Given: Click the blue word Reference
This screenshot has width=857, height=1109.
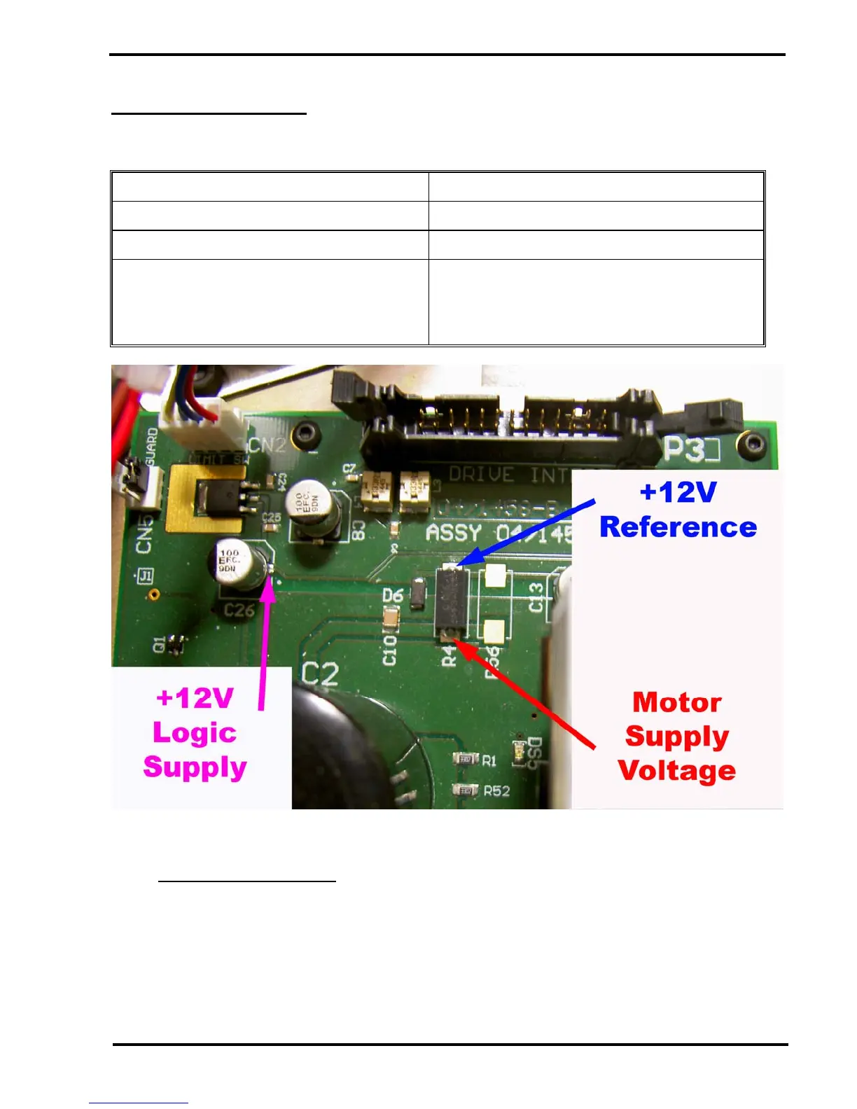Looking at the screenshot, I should pyautogui.click(x=678, y=527).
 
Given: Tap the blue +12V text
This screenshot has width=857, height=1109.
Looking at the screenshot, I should pyautogui.click(x=678, y=492).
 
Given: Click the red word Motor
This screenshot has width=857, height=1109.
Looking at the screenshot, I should pyautogui.click(x=676, y=702).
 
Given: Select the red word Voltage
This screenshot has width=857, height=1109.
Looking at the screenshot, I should pyautogui.click(x=677, y=771).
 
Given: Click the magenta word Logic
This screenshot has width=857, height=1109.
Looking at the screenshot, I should pyautogui.click(x=195, y=733).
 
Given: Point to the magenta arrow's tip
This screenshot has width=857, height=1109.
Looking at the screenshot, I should pyautogui.click(x=269, y=577).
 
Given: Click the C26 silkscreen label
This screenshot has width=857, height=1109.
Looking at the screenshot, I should pyautogui.click(x=239, y=611).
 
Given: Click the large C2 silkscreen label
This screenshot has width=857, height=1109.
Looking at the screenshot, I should pyautogui.click(x=320, y=674).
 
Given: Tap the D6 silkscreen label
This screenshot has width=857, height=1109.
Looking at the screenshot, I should pyautogui.click(x=393, y=595).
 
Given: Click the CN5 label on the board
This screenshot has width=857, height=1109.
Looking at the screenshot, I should pyautogui.click(x=144, y=536).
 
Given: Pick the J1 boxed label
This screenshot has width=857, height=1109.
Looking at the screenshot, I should pyautogui.click(x=145, y=576).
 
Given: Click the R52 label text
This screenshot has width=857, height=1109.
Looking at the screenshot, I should pyautogui.click(x=497, y=791).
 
